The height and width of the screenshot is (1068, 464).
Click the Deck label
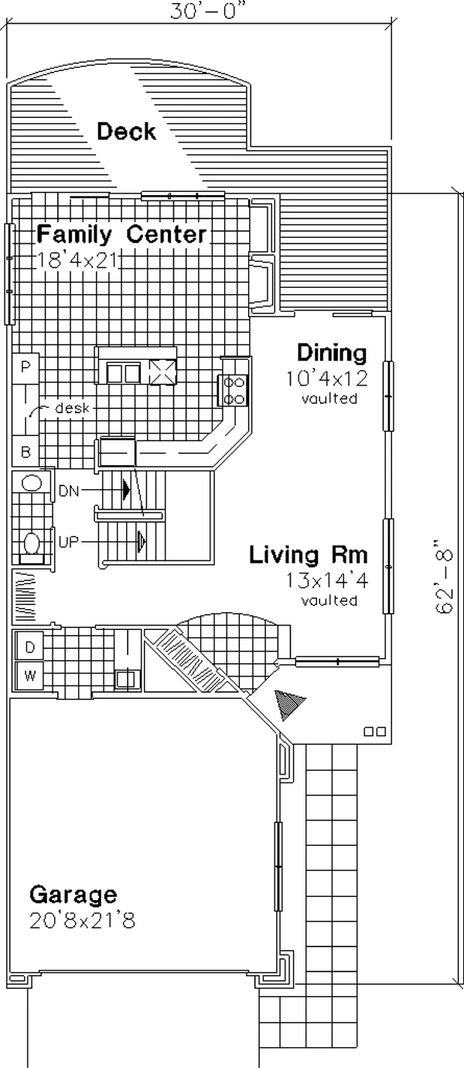coord(126,131)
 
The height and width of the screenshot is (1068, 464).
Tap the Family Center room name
coord(122,234)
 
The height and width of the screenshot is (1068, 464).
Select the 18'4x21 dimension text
coord(77,260)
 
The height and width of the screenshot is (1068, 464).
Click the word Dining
coord(332,354)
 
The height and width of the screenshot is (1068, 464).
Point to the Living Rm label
coord(309,555)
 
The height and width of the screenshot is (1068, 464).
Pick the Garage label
coord(73,895)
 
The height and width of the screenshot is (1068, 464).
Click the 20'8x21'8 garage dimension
coord(82,920)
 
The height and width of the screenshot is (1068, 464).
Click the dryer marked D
coord(29,647)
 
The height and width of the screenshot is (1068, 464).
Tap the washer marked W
coord(29,676)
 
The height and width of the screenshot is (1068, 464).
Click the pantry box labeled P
coord(26,366)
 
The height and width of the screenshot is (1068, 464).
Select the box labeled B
coord(26,451)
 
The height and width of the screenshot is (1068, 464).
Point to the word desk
coord(73,408)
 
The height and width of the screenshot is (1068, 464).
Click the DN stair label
coord(69,491)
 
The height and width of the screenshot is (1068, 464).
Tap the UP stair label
coord(69,542)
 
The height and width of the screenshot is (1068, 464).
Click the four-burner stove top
coord(234,391)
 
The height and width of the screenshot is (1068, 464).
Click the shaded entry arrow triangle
coord(288,703)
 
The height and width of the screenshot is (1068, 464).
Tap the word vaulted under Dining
coord(329,398)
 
